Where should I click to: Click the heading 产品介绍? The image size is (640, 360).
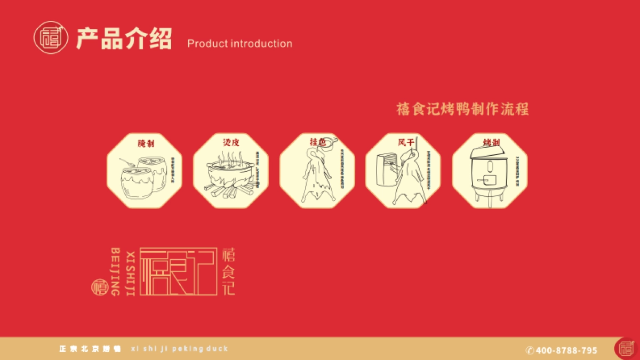124,39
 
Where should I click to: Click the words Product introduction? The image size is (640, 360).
239,44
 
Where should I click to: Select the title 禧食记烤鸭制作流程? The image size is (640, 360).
462,109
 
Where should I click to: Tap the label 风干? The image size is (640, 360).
405,142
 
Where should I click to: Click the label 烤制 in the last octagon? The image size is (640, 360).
491,142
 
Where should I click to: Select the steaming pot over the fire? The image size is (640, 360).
228,175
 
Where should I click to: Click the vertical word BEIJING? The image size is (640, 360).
115,271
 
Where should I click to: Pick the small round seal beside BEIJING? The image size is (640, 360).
99,287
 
